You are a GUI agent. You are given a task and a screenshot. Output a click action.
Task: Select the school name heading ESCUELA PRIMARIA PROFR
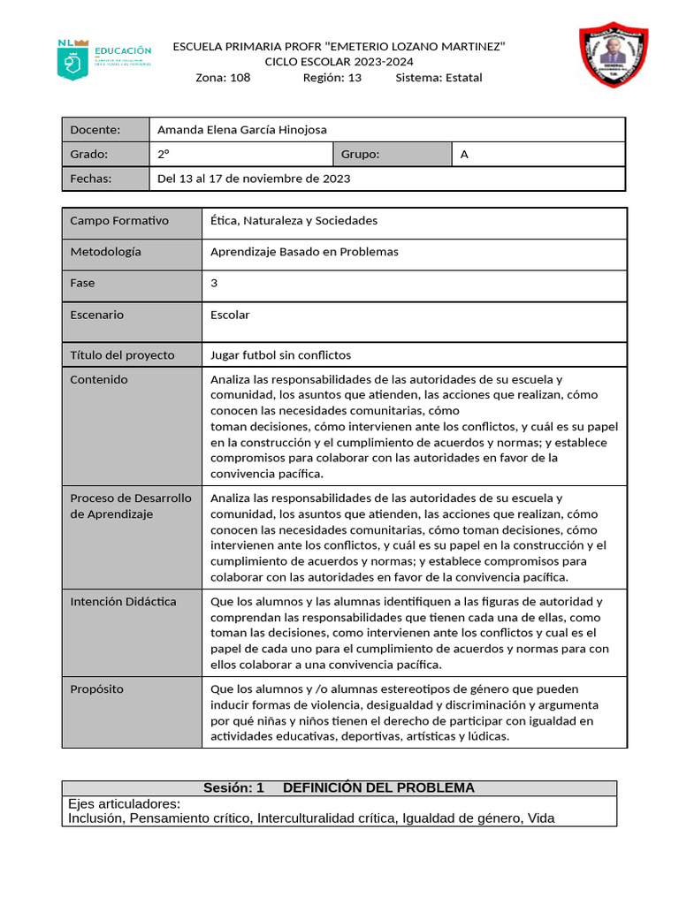pos(339,46)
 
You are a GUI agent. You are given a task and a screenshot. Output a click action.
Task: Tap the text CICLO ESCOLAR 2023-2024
pos(339,62)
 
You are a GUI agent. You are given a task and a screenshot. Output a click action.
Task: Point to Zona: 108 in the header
pos(223,78)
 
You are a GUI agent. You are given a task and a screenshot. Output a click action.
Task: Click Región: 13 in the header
pos(332,78)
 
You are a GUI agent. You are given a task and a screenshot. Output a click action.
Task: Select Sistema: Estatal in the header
pos(439,78)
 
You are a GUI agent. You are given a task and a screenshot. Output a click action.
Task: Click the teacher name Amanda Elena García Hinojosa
pos(241,130)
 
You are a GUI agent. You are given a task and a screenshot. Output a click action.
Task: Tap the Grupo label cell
pos(392,155)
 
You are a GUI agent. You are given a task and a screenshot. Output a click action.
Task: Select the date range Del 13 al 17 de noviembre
pos(253,179)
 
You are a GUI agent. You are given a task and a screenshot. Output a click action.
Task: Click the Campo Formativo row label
pos(119,221)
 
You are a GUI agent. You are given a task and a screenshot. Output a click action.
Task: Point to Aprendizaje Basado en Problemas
pos(304,252)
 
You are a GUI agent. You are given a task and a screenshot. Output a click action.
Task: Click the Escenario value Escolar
pos(230,316)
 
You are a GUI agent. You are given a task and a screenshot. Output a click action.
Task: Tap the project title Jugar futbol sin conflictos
pos(280,355)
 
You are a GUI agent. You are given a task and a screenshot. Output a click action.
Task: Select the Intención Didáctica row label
pos(123,602)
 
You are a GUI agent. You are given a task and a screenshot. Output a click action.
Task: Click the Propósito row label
pos(97,689)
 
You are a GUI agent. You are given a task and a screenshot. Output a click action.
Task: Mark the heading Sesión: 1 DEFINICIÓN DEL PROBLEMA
pos(339,788)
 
